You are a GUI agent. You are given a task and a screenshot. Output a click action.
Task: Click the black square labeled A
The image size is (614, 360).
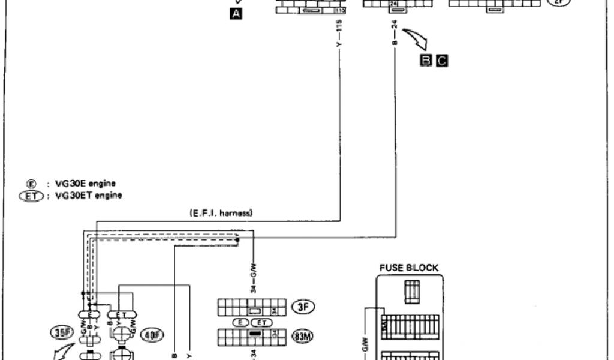pyautogui.click(x=237, y=14)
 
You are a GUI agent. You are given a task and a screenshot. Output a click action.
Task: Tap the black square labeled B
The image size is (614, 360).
pyautogui.click(x=425, y=60)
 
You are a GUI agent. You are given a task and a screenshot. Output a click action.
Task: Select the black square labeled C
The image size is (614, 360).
pyautogui.click(x=442, y=60)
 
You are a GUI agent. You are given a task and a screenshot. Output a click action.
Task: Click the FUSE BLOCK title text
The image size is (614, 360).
pyautogui.click(x=408, y=268)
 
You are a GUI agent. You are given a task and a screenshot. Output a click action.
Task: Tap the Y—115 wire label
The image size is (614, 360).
pyautogui.click(x=339, y=36)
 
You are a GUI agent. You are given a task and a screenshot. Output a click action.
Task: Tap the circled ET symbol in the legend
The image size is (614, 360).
pyautogui.click(x=28, y=195)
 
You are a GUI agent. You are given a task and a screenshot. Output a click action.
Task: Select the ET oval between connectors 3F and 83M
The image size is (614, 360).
pyautogui.click(x=261, y=322)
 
